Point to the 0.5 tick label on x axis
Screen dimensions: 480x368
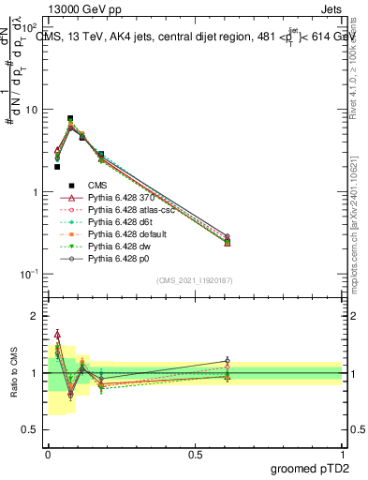click(x=195, y=454)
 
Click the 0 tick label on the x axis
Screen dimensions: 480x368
click(x=48, y=454)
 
